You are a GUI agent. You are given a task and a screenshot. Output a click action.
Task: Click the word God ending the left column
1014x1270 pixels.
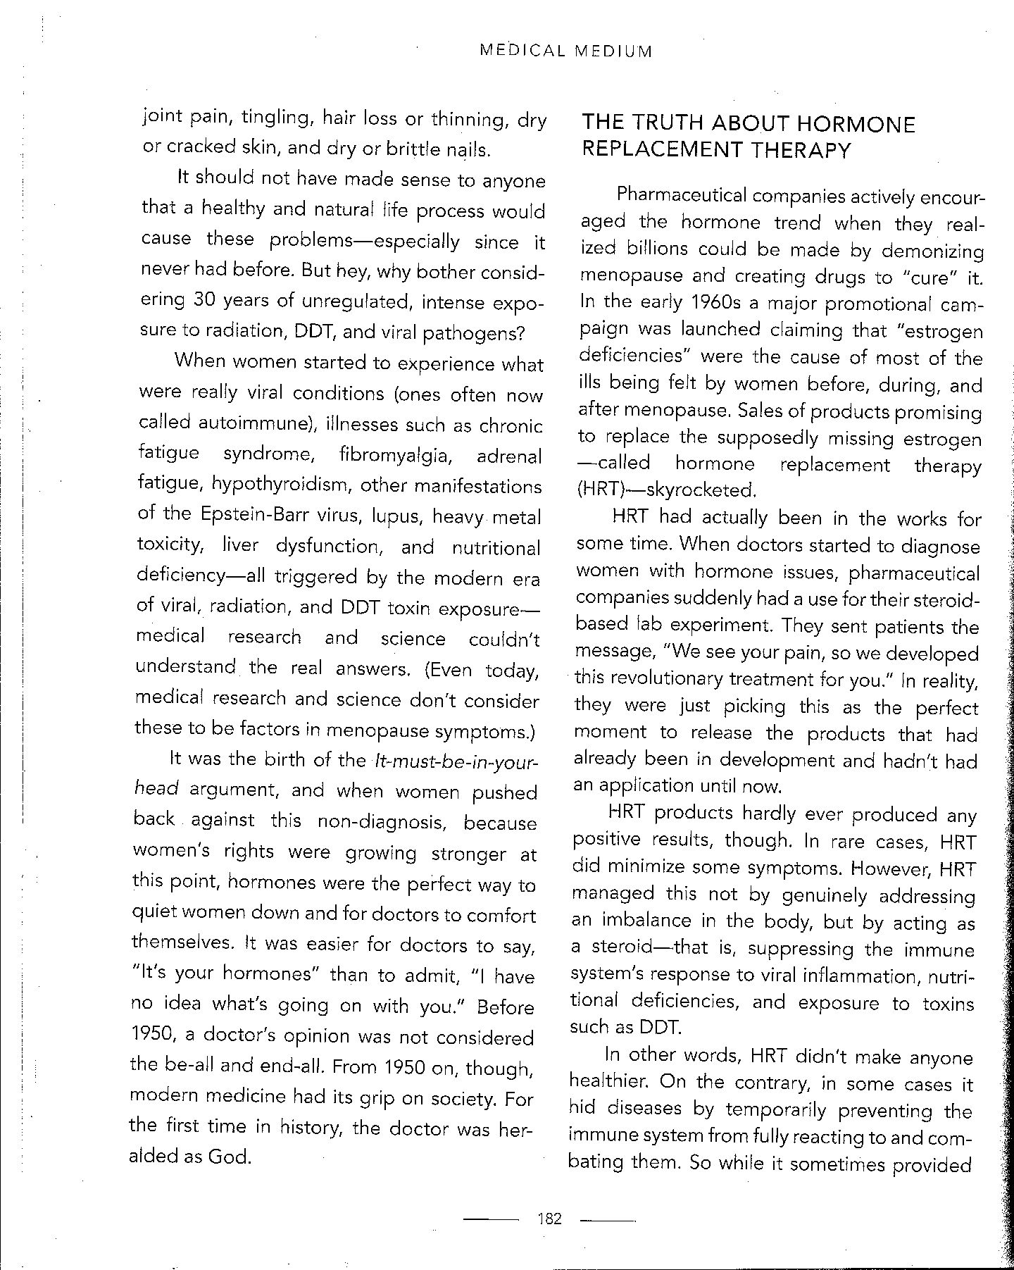click(x=229, y=1157)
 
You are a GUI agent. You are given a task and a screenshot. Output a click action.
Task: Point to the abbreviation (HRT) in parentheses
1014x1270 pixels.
click(x=599, y=490)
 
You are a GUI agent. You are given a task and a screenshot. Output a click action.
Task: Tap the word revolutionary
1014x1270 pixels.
click(x=676, y=679)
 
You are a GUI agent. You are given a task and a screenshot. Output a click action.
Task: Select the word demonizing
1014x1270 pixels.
click(x=932, y=251)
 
